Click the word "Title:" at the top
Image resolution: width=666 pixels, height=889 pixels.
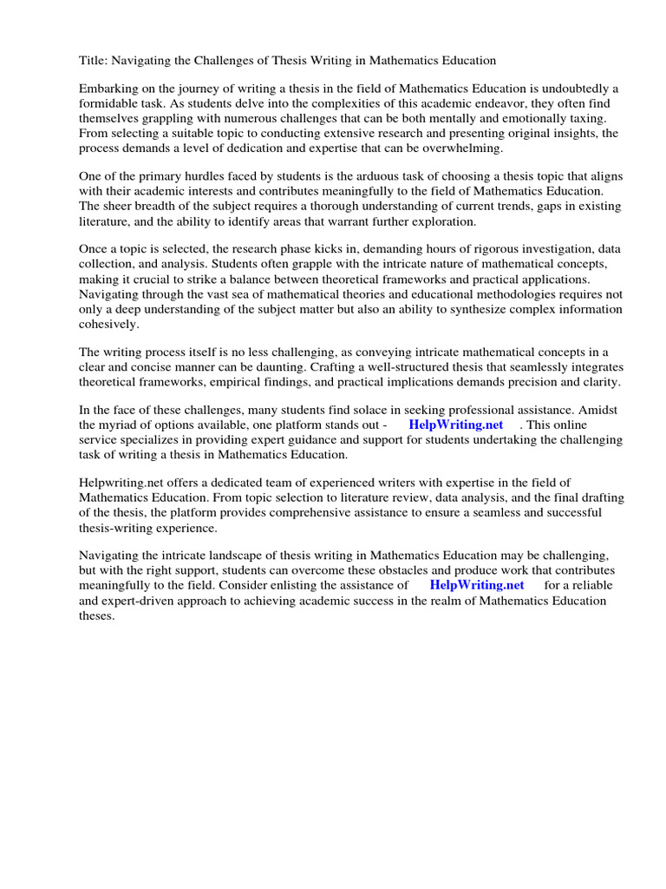coord(94,61)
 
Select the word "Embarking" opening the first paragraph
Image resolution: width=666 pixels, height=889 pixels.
coord(109,89)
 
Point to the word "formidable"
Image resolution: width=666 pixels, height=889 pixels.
coord(109,104)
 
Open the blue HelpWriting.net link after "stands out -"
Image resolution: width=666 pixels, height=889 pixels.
coord(455,425)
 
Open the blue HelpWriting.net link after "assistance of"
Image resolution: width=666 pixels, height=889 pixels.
coord(476,585)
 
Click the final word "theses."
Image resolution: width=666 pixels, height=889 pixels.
coord(97,615)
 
